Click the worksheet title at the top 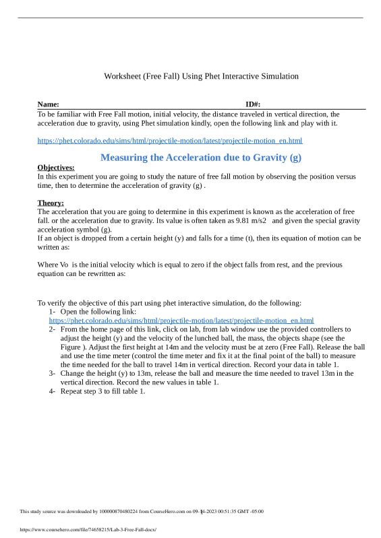point(201,76)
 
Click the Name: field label point(49,104)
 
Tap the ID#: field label point(253,104)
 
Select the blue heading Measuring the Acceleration point(200,158)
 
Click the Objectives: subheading point(56,168)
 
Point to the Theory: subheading point(51,203)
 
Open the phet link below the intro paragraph point(170,141)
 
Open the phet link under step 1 point(181,321)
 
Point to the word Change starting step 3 point(73,372)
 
